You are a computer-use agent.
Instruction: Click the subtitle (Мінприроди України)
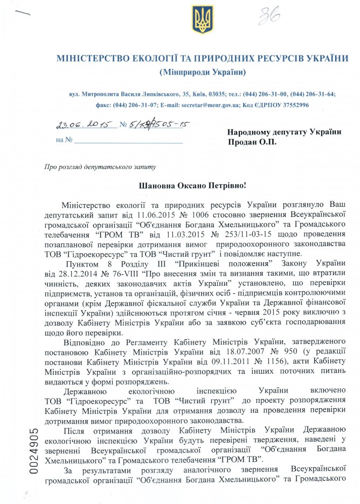pos(203,72)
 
